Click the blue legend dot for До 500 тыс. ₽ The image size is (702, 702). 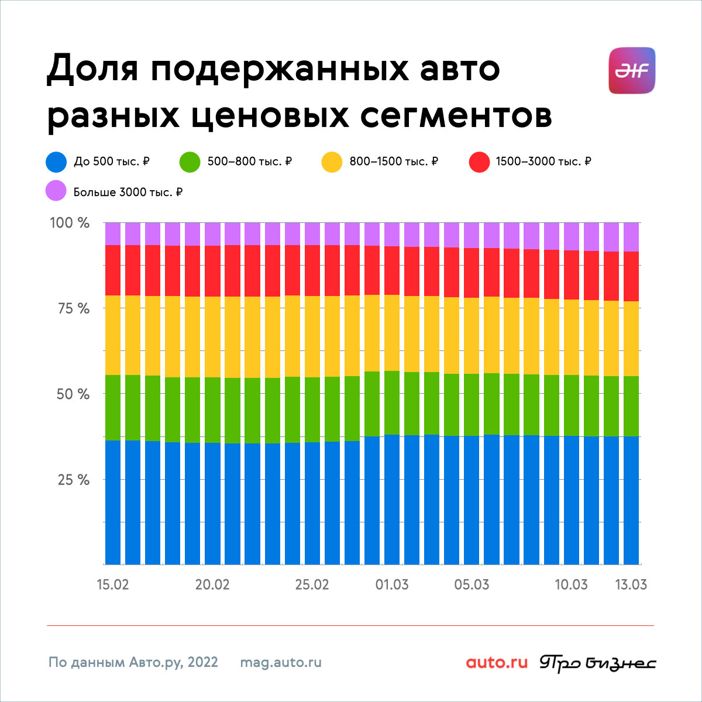pyautogui.click(x=56, y=161)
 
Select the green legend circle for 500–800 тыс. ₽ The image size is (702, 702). pyautogui.click(x=190, y=161)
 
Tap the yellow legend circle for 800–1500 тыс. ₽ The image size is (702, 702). pyautogui.click(x=332, y=161)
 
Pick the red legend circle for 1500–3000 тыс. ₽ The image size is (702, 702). pyautogui.click(x=479, y=161)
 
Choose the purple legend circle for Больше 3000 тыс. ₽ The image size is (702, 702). pyautogui.click(x=56, y=190)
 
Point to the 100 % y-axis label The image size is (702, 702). pyautogui.click(x=69, y=222)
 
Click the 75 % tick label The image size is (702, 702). pyautogui.click(x=73, y=308)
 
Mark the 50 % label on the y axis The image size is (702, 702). pyautogui.click(x=73, y=394)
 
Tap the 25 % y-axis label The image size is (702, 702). pyautogui.click(x=73, y=480)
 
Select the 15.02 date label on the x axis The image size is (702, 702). pyautogui.click(x=113, y=584)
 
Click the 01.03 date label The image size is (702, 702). pyautogui.click(x=392, y=584)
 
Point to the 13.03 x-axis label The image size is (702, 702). pyautogui.click(x=631, y=584)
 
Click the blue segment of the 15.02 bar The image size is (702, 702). pyautogui.click(x=113, y=503)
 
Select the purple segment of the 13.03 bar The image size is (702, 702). pyautogui.click(x=631, y=237)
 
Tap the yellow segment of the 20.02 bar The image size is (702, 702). pyautogui.click(x=212, y=337)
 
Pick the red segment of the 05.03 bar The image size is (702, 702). pyautogui.click(x=472, y=273)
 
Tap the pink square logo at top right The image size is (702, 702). pyautogui.click(x=632, y=70)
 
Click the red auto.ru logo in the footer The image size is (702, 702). pyautogui.click(x=497, y=662)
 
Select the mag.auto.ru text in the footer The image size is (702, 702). pyautogui.click(x=281, y=662)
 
